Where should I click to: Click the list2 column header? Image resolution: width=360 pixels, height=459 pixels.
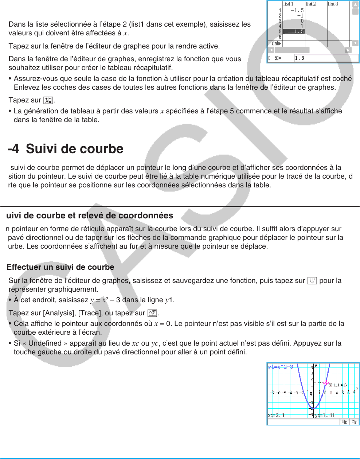pos(311,4)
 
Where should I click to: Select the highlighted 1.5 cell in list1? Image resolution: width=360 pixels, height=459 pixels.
pos(294,32)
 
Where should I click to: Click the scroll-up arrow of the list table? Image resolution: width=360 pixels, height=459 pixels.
pos(355,4)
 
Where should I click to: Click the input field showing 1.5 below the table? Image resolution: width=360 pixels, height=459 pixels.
pos(326,58)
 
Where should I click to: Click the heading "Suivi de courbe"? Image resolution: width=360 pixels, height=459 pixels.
pos(74,149)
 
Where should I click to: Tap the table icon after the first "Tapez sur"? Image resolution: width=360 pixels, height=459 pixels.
pos(48,100)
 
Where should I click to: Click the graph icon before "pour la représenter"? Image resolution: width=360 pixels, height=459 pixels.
pos(312,281)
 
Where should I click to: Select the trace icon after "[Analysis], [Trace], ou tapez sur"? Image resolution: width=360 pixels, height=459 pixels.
pos(152,313)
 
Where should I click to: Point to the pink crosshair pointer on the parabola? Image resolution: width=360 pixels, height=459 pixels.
pos(326,383)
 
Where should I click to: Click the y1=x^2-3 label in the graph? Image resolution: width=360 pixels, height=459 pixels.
pos(281,367)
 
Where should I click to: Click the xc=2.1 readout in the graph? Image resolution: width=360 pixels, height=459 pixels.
pos(277,415)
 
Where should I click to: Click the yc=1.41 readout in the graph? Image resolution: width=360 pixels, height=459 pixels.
pos(325,415)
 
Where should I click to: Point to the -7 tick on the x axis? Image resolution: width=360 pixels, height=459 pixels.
pos(273,393)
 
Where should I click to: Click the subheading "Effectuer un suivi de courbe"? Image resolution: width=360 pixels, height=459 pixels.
pos(60,267)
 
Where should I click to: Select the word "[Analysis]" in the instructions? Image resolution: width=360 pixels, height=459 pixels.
pos(59,313)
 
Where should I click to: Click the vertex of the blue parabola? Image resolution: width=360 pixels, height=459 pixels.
pos(314,408)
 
